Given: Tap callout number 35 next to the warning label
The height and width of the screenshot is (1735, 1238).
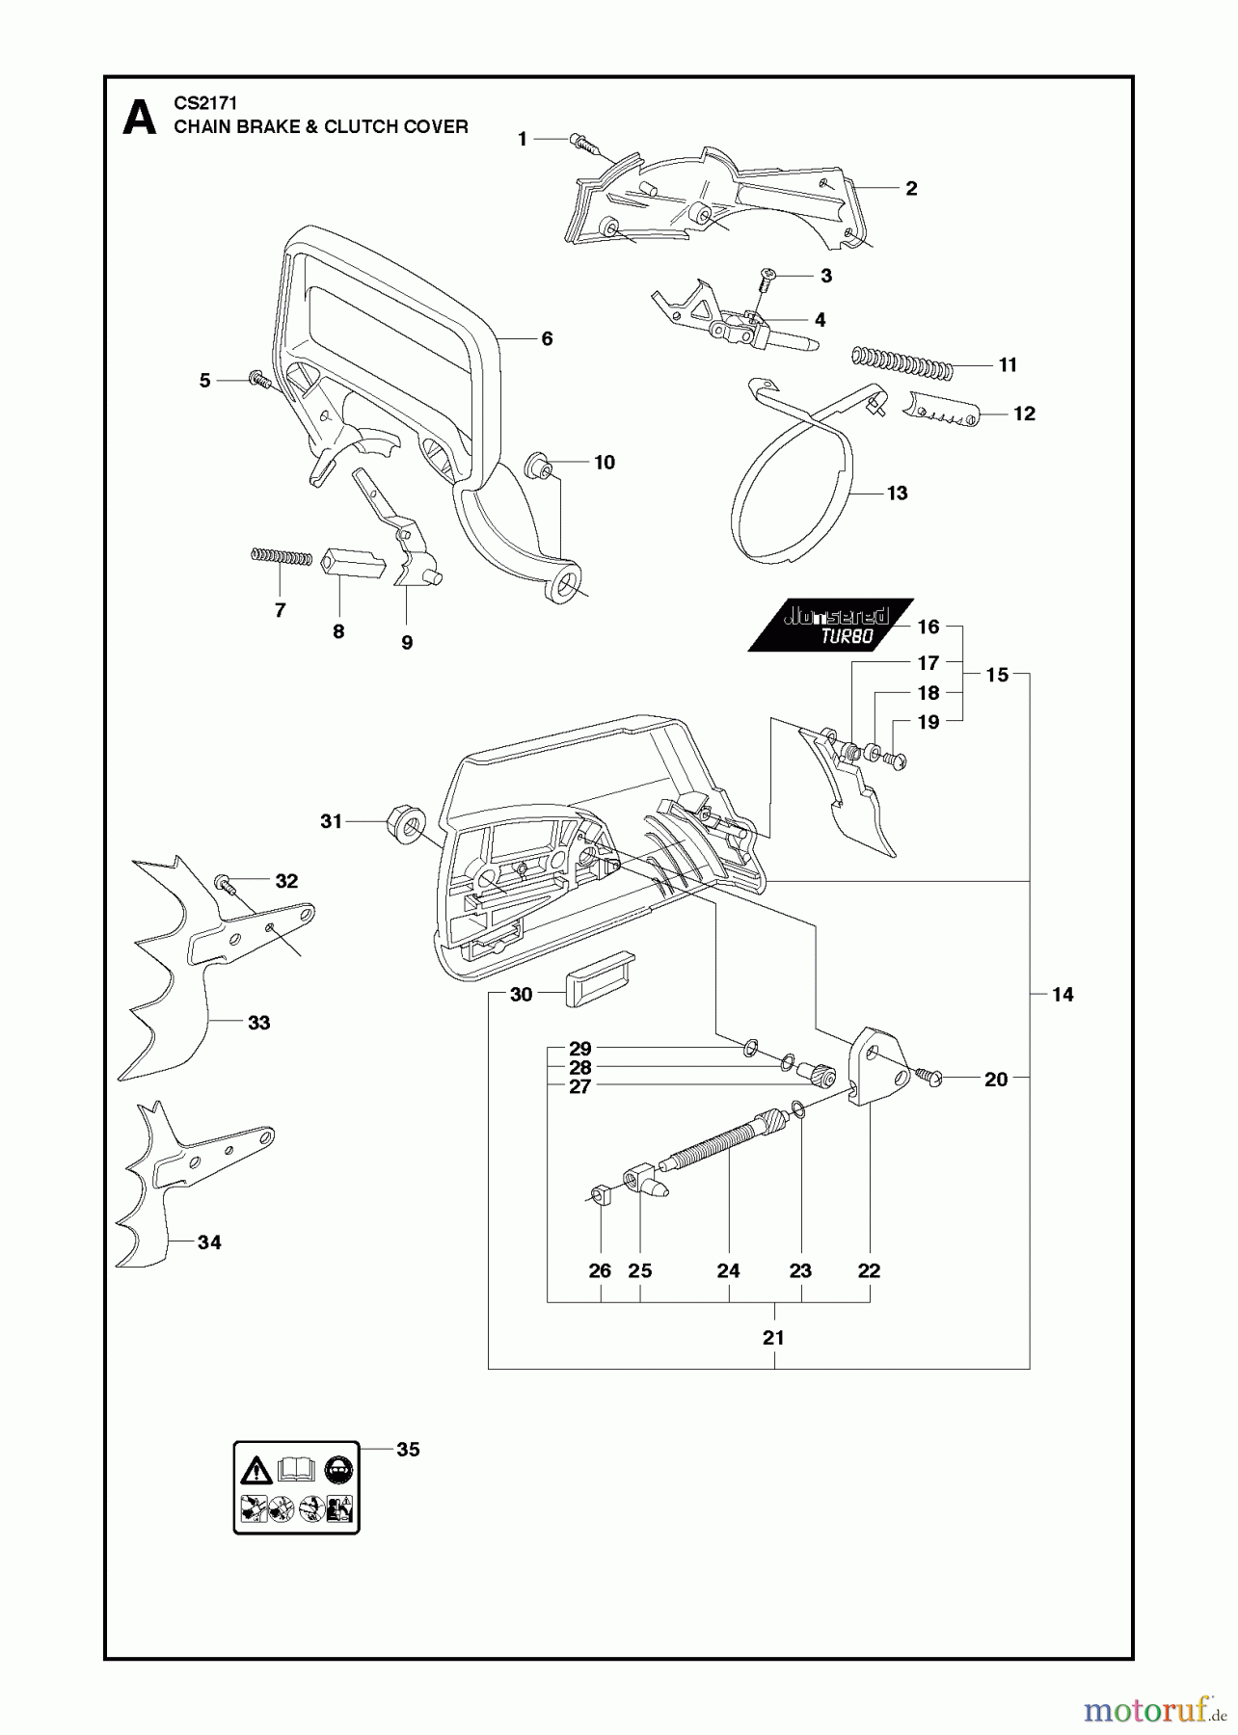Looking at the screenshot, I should click(x=408, y=1450).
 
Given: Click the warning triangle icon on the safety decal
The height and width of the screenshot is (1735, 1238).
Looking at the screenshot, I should click(x=256, y=1471).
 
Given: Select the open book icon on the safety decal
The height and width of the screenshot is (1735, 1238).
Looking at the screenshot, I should click(x=296, y=1470).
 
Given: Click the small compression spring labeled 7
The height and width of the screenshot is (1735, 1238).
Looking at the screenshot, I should click(x=282, y=557).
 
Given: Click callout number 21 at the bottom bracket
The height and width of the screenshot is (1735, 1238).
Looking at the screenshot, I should click(x=773, y=1338).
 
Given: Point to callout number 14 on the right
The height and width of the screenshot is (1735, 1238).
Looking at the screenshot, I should click(x=1062, y=995).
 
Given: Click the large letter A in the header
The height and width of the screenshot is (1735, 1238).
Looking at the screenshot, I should click(x=140, y=119).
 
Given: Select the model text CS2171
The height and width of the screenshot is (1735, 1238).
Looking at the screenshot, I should click(x=205, y=102).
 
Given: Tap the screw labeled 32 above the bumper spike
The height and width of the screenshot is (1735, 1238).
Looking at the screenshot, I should click(x=225, y=882).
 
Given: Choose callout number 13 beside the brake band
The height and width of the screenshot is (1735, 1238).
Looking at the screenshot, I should click(x=897, y=494).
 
